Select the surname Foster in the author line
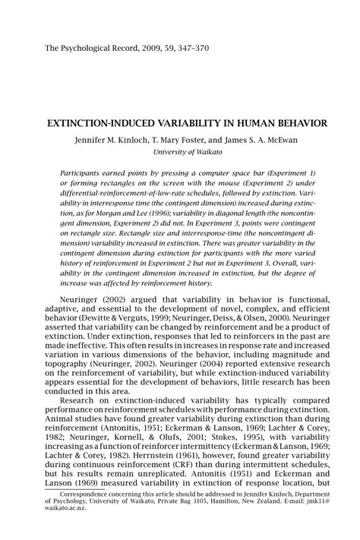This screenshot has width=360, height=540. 199,139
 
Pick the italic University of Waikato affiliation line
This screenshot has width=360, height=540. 191,152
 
